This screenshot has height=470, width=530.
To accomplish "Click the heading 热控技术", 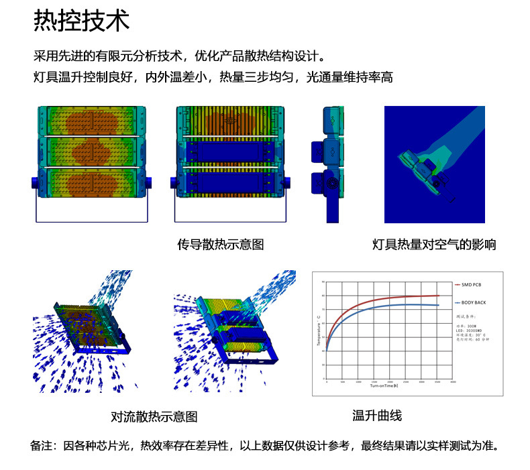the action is pos(81,21).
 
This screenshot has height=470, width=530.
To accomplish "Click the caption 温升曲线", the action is pos(377,416).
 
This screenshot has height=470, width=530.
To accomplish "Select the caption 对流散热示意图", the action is pos(154,417).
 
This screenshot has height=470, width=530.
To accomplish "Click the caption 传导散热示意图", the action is pos(220,245).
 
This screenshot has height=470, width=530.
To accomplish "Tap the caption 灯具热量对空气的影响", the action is pos(434,245).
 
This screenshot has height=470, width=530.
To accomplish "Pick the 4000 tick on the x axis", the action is pos(453,382).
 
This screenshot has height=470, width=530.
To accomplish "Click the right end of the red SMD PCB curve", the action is pos(439,296).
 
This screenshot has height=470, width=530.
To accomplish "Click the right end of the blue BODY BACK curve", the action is pos(439,306).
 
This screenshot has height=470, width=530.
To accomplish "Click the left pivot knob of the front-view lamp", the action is pos(34,183).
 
